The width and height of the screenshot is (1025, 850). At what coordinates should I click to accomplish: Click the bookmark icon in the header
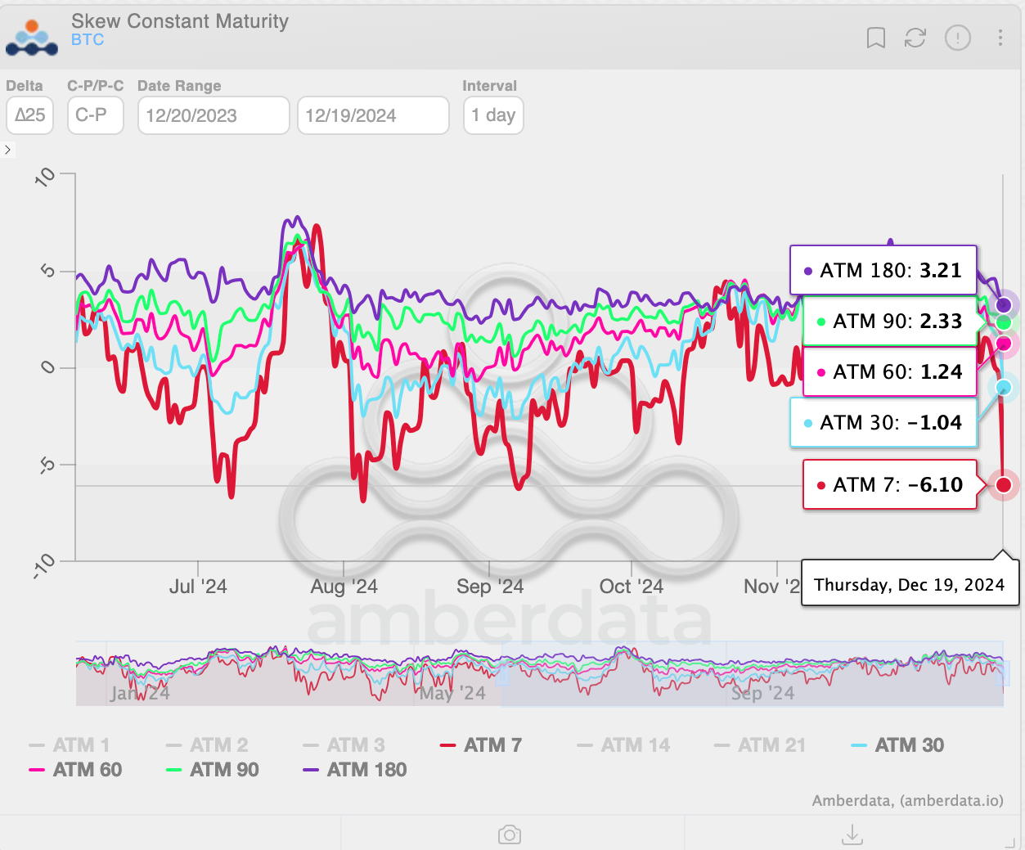coord(875,38)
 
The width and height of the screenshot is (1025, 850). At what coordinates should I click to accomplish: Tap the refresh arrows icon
coord(915,38)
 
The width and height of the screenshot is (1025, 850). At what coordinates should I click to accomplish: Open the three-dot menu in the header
coord(1000,38)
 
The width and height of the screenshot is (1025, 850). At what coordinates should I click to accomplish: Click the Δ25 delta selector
coord(30,115)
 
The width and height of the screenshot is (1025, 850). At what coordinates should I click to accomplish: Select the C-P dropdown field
coord(95,115)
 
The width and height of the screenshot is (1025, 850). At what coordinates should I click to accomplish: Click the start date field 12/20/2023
coord(213,115)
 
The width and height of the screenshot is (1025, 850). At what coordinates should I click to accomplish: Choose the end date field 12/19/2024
coord(373,115)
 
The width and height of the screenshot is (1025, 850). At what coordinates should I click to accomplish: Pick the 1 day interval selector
coord(492,115)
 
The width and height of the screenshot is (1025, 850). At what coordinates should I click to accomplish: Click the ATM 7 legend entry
coord(481,745)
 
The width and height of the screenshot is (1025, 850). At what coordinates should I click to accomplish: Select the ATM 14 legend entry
coord(623,745)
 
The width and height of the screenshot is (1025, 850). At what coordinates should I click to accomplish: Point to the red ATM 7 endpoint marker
coord(1004,485)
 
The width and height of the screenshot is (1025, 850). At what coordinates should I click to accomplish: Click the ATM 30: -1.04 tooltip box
coord(883,423)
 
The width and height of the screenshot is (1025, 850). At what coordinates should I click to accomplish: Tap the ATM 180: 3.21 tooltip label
coord(883,271)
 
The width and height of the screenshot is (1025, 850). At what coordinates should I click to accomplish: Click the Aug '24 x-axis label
coord(344,587)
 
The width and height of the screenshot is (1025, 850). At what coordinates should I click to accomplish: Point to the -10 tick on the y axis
coord(45,565)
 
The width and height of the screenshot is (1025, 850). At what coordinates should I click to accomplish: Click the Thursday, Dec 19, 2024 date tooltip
coord(909,585)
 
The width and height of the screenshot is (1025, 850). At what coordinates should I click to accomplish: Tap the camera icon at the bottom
coord(510,834)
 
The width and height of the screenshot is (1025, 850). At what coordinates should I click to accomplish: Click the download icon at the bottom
coord(852,834)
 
